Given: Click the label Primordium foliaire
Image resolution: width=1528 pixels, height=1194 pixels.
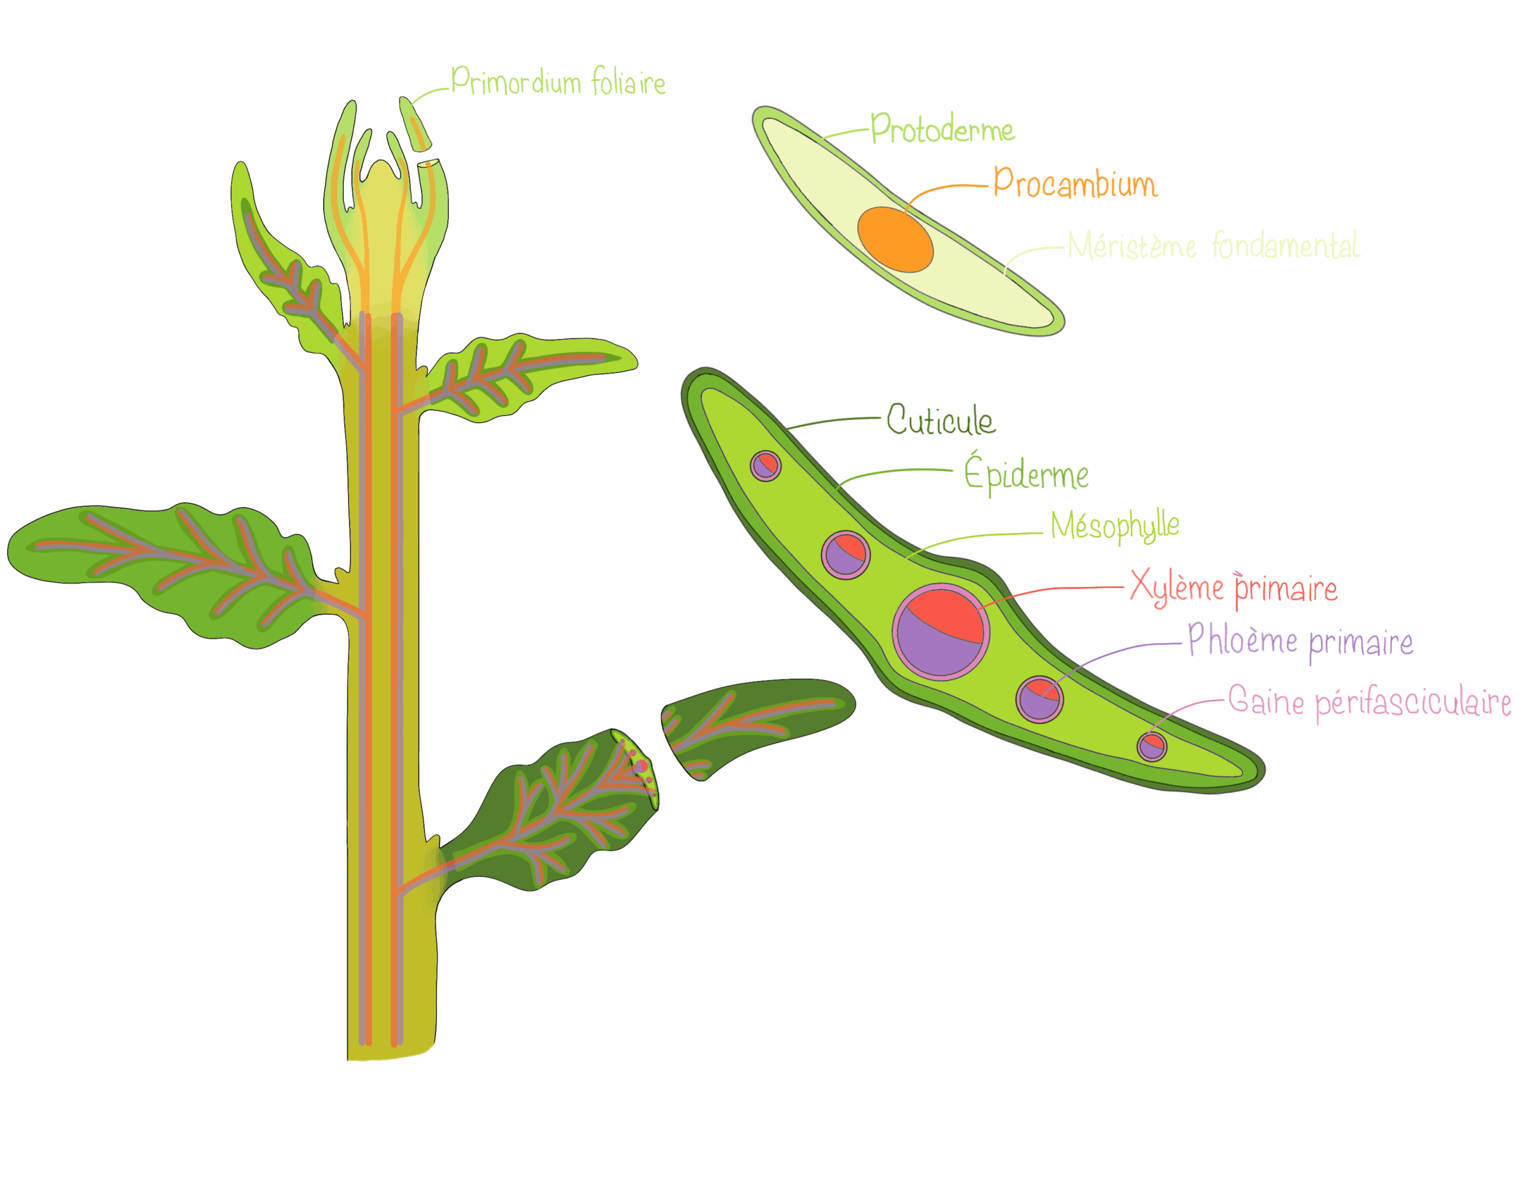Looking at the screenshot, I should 557,82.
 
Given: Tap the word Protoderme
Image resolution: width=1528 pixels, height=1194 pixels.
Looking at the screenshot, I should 942,130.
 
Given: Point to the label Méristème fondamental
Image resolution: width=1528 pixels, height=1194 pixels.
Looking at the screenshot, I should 1213,245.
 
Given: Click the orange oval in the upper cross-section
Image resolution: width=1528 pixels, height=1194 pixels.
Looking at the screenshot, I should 895,239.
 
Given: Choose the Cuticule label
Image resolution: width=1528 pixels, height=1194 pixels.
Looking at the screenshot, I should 940,419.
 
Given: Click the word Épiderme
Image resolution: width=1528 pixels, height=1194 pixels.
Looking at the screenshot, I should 1025,475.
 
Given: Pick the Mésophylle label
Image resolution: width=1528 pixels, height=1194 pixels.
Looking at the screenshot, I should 1114,525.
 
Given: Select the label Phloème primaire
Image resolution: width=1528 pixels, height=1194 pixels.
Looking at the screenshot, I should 1300,641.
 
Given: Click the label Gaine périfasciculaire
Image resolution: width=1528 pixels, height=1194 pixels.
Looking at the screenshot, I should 1369,701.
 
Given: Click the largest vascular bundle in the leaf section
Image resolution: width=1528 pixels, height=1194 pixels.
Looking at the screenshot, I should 940,631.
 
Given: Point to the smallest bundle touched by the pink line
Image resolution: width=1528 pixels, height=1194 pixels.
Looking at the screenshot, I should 1151,746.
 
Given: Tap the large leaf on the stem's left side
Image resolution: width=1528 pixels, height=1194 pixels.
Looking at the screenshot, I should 161,567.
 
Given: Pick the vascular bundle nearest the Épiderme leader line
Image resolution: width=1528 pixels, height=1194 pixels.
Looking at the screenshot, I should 846,554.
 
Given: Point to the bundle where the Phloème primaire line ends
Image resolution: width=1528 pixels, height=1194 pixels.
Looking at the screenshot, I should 1040,698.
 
